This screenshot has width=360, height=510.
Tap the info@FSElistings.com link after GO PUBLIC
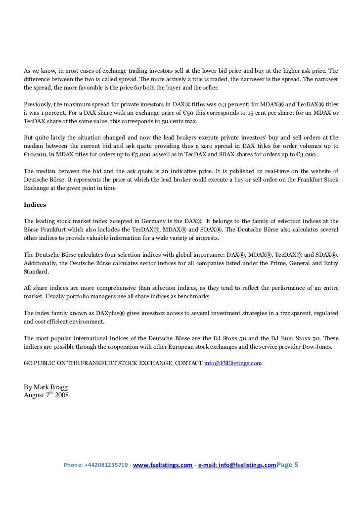coord(233,363)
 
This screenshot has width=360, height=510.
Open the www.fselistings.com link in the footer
coord(163,465)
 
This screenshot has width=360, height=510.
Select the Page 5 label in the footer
coord(288,465)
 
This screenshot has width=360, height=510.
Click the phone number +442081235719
coord(107,465)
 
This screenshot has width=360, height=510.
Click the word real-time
coord(247,171)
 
